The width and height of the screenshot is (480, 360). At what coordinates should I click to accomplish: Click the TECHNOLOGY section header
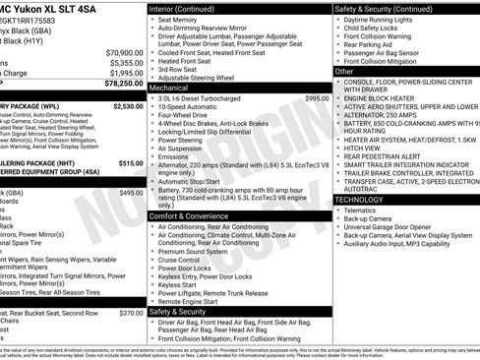tap(365, 200)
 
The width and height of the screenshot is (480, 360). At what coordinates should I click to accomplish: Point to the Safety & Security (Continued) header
tap(385, 8)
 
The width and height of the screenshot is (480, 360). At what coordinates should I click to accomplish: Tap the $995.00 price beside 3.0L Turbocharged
tap(317, 98)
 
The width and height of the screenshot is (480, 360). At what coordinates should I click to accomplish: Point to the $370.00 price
tap(131, 313)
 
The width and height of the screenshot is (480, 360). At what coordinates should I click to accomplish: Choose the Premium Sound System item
tap(194, 252)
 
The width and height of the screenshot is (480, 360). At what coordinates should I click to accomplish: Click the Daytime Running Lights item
tap(382, 20)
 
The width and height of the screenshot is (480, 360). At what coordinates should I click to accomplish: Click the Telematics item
tap(360, 210)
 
